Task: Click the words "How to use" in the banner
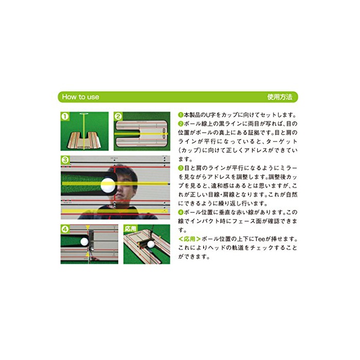point(80,97)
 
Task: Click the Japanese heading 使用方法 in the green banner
point(280,97)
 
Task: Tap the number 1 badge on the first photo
point(65,116)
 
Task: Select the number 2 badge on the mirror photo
point(118,116)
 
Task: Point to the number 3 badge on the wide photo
point(65,160)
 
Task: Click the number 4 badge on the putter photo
point(65,229)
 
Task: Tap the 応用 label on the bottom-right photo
point(130,228)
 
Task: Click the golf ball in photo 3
point(107,185)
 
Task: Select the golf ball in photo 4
point(84,241)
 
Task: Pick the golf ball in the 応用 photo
point(151,244)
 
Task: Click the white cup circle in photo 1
point(84,114)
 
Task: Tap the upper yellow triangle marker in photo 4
point(88,227)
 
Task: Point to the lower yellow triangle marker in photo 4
point(88,255)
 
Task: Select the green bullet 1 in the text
point(181,115)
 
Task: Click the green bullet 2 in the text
point(181,124)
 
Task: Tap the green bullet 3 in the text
point(181,168)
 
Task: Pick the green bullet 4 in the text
point(181,212)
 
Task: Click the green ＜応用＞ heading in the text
point(190,239)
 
